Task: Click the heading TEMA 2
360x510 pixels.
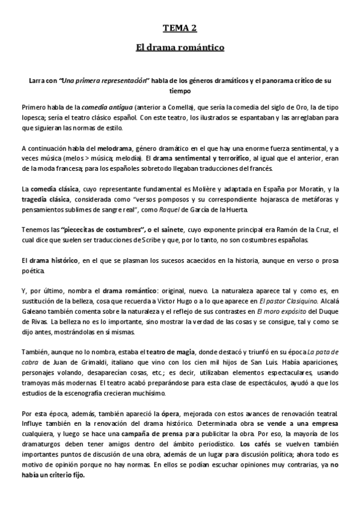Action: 180,27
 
